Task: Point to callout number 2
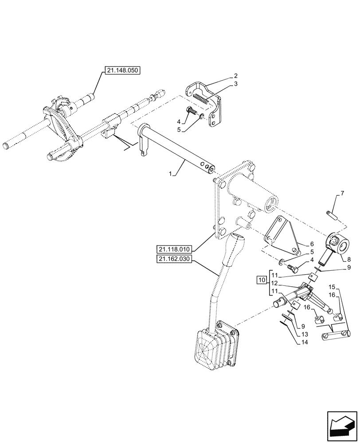236,75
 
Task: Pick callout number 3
236,83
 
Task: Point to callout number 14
304,342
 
